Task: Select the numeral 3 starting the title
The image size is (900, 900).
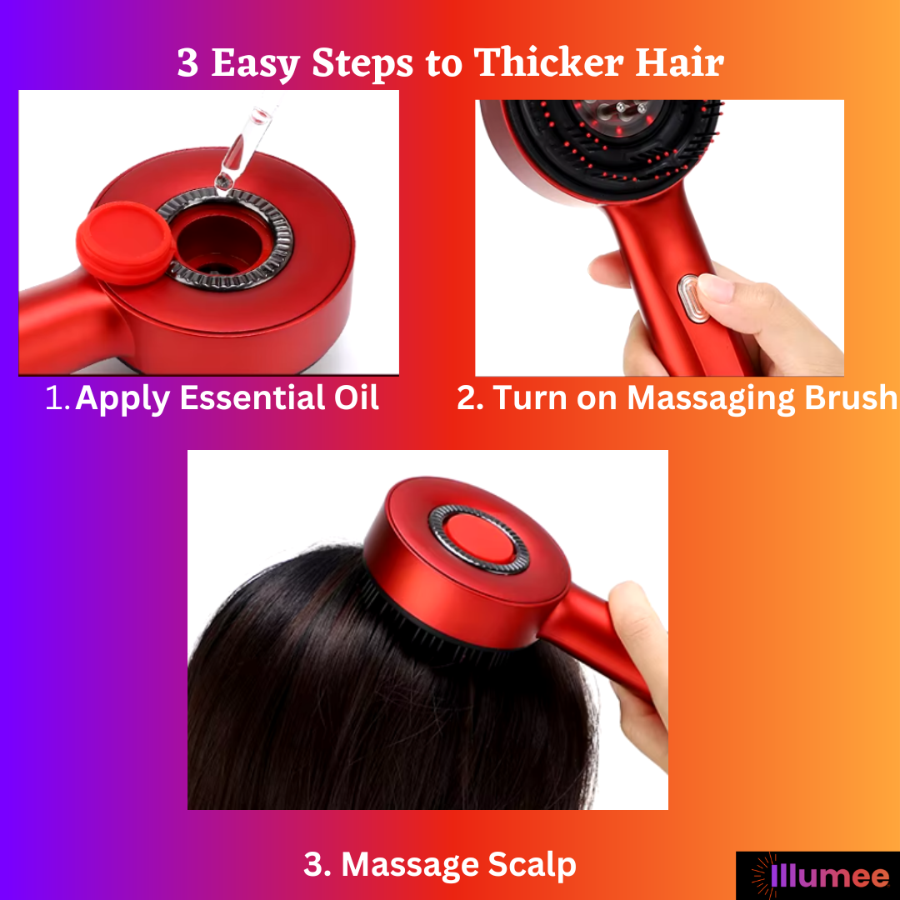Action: pyautogui.click(x=187, y=62)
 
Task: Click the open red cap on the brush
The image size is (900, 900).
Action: pyautogui.click(x=125, y=242)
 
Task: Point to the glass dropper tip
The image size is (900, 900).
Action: pyautogui.click(x=224, y=182)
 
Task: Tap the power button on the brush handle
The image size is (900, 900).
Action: pyautogui.click(x=691, y=298)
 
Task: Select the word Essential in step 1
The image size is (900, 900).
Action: pyautogui.click(x=252, y=397)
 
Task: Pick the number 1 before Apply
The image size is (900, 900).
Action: pyautogui.click(x=57, y=397)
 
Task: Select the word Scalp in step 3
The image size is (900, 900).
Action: pyautogui.click(x=532, y=864)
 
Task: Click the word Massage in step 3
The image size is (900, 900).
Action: pyautogui.click(x=410, y=865)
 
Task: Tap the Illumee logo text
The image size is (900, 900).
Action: pyautogui.click(x=829, y=876)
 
